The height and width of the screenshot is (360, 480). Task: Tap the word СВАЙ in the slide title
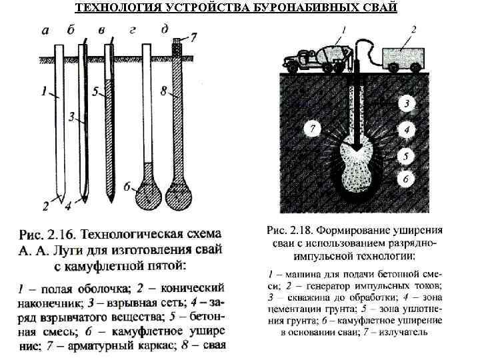pyautogui.click(x=382, y=8)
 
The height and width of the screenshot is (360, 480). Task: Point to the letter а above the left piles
pyautogui.click(x=45, y=30)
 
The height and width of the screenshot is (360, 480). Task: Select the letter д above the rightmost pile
pyautogui.click(x=165, y=29)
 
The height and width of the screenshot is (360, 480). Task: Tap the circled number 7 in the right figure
pyautogui.click(x=309, y=127)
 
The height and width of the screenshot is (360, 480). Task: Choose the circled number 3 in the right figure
pyautogui.click(x=405, y=103)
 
